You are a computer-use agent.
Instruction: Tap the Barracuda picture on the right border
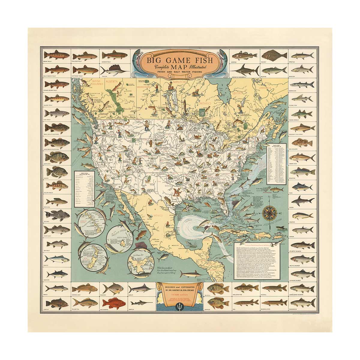[301, 84]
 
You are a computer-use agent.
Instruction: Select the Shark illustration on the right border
[301, 199]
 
